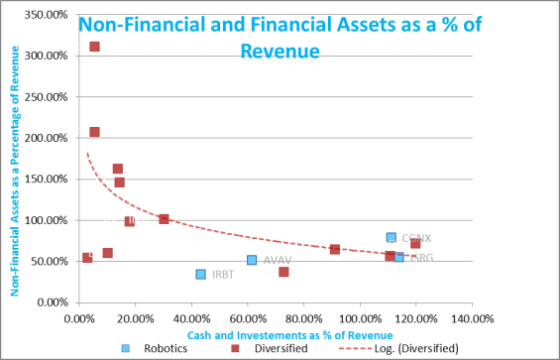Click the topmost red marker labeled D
94,47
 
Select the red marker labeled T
94,132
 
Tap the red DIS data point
117,170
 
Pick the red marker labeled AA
119,181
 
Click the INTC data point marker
164,219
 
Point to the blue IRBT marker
200,274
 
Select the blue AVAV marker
252,260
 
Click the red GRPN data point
284,272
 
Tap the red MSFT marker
334,249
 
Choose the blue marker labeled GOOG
392,238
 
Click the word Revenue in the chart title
280,50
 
